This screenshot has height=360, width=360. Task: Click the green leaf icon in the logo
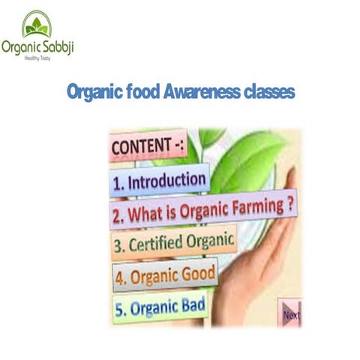pyautogui.click(x=36, y=27)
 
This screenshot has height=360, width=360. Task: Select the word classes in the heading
pyautogui.click(x=268, y=92)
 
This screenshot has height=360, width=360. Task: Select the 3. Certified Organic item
pyautogui.click(x=173, y=244)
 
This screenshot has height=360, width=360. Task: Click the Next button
pyautogui.click(x=290, y=314)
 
